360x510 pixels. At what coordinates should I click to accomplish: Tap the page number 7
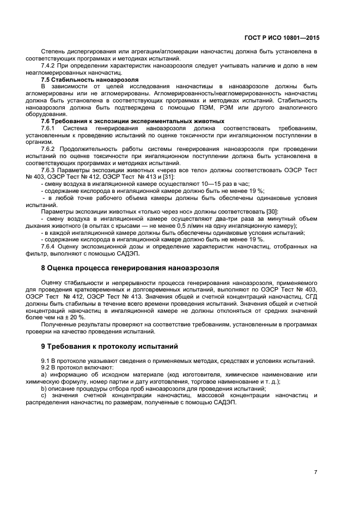tap(316, 472)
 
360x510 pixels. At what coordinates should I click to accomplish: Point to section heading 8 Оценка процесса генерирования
tap(130, 268)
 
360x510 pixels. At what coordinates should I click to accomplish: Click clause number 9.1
tap(46, 361)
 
